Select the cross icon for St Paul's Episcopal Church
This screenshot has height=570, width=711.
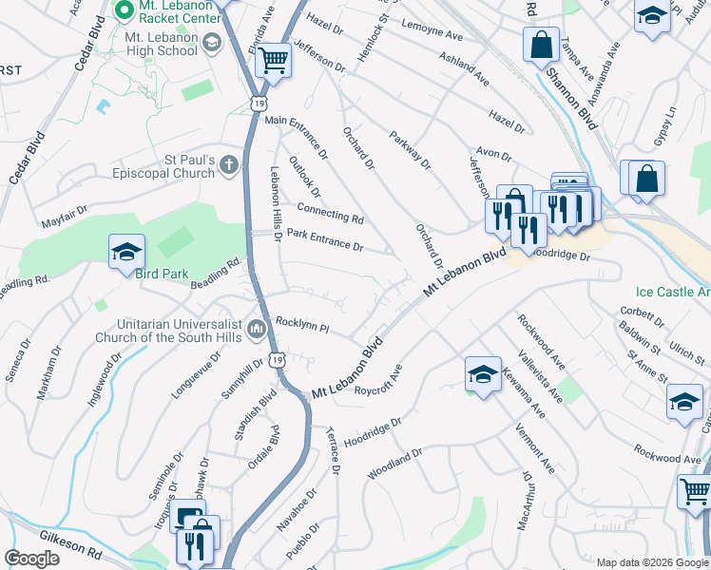228,166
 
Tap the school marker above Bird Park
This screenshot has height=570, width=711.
126,253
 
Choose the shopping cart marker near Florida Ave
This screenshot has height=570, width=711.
273,60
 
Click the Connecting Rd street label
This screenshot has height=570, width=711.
330,213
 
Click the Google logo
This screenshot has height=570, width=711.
31,559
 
